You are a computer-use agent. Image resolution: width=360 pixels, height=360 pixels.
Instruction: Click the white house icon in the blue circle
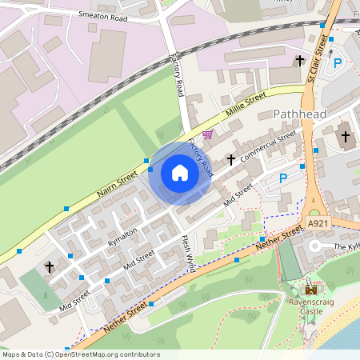(x=180, y=173)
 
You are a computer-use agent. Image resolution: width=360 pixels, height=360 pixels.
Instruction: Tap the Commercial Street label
(x=269, y=146)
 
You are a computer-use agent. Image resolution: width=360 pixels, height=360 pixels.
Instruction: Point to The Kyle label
(x=346, y=247)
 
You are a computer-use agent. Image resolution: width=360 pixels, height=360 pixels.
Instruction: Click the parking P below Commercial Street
(x=282, y=178)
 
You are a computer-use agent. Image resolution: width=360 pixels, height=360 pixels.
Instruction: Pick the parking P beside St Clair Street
(x=337, y=62)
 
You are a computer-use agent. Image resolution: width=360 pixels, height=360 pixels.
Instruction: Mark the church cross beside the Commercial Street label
(x=231, y=159)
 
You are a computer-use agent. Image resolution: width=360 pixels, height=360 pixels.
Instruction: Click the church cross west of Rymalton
(x=50, y=266)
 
